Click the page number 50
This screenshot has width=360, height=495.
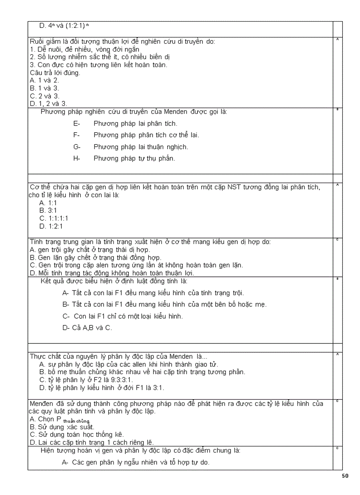[x=345, y=476]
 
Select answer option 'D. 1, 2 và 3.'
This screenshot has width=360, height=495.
[x=48, y=104]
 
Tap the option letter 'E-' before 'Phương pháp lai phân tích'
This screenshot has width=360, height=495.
[x=77, y=124]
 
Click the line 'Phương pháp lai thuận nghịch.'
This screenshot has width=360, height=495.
[x=141, y=147]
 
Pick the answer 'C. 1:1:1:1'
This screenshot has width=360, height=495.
[x=53, y=218]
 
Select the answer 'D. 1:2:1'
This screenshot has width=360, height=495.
[x=51, y=226]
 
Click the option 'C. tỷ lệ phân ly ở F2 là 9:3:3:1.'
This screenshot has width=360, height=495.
[x=86, y=380]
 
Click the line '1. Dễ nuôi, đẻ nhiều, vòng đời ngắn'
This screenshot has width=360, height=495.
[x=85, y=49]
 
